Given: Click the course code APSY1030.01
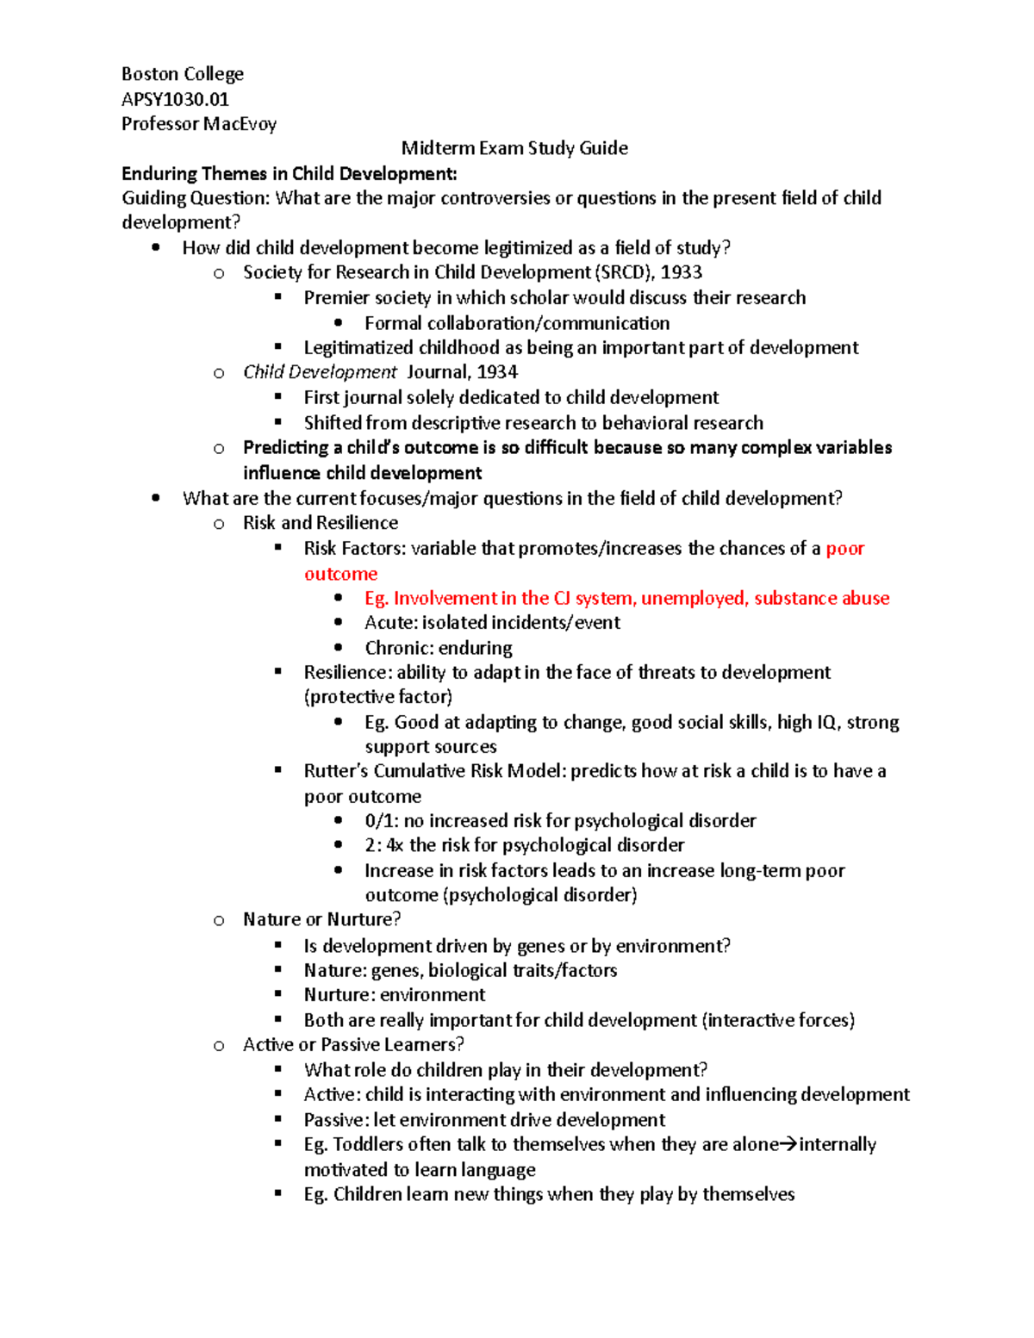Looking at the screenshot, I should click(175, 99).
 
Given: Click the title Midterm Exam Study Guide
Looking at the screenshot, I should click(514, 148).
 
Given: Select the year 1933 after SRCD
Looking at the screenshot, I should click(682, 272).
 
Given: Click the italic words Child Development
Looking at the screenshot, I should click(320, 372).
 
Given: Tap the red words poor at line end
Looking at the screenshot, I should click(844, 549).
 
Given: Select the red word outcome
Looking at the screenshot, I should click(340, 574).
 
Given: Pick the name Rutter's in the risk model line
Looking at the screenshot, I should click(336, 771).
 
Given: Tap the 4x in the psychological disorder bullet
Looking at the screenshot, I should click(395, 845).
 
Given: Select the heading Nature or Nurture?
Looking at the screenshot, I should click(321, 919).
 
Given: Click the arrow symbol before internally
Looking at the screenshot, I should click(788, 1145).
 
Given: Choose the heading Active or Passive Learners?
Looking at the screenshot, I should click(353, 1045).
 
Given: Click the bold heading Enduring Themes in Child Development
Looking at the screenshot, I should click(289, 173).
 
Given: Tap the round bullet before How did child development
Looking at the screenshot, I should click(155, 248).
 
